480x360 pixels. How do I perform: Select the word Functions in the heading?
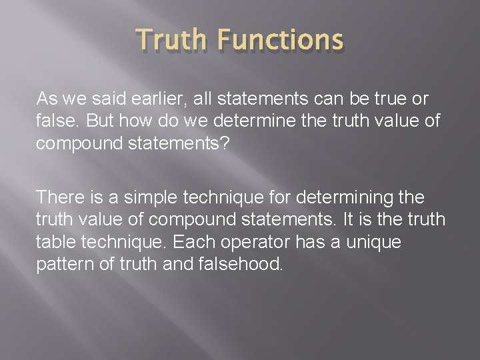point(279,41)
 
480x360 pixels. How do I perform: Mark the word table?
point(55,241)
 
